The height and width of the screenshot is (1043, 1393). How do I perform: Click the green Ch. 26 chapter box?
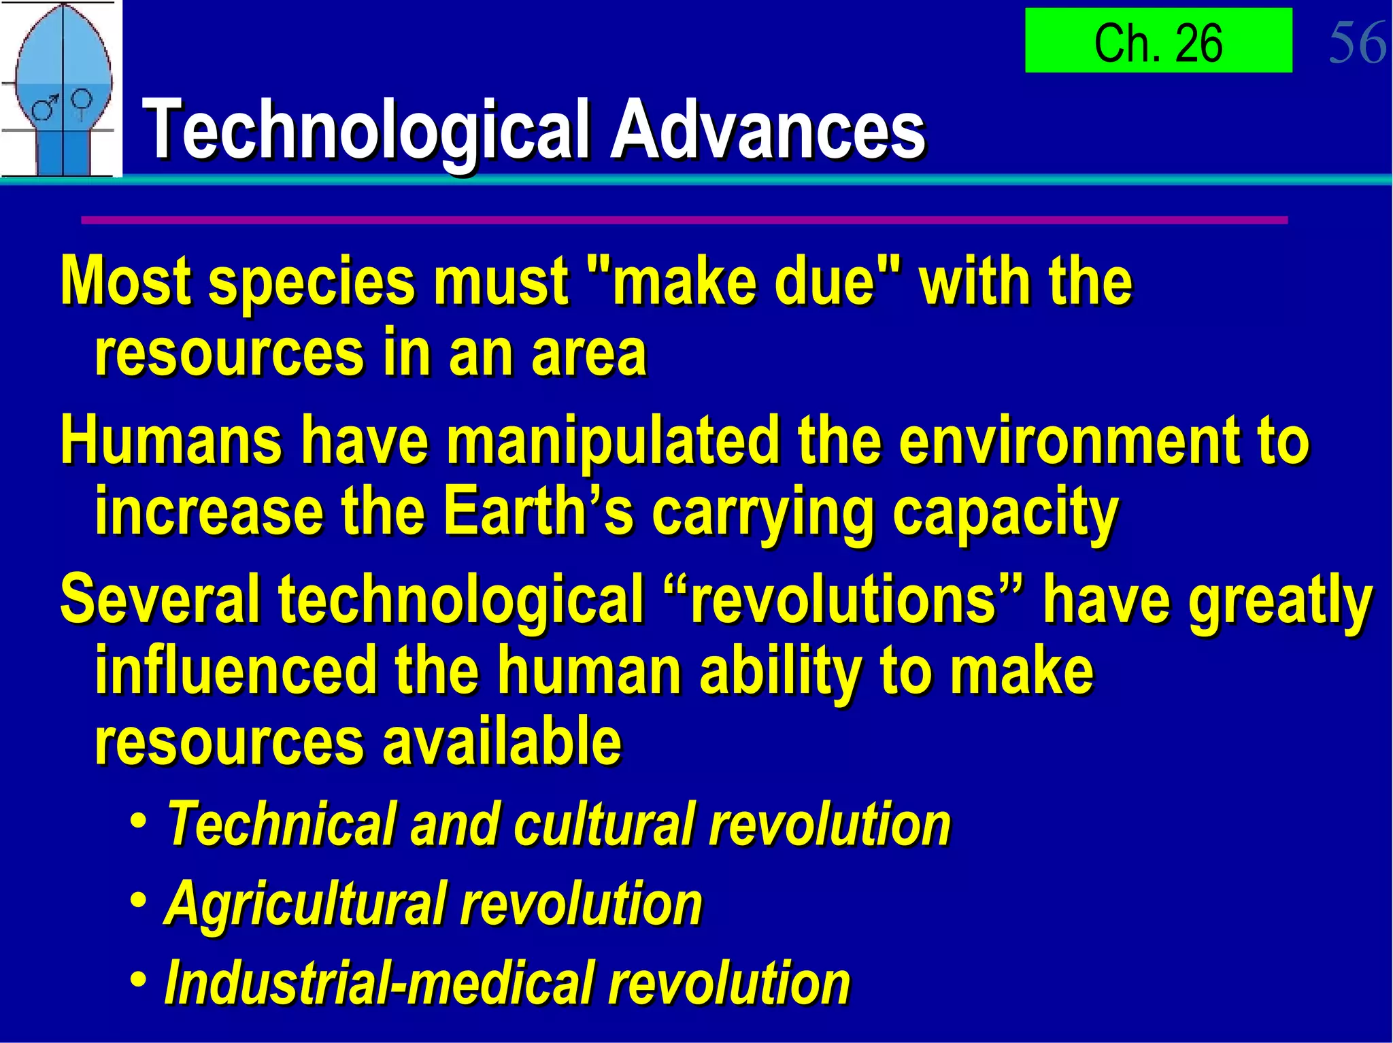pos(1158,41)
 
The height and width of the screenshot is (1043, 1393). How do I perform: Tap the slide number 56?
pos(1357,43)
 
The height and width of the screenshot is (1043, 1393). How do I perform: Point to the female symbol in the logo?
pos(82,102)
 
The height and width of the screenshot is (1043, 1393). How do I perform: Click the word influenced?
pos(235,671)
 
